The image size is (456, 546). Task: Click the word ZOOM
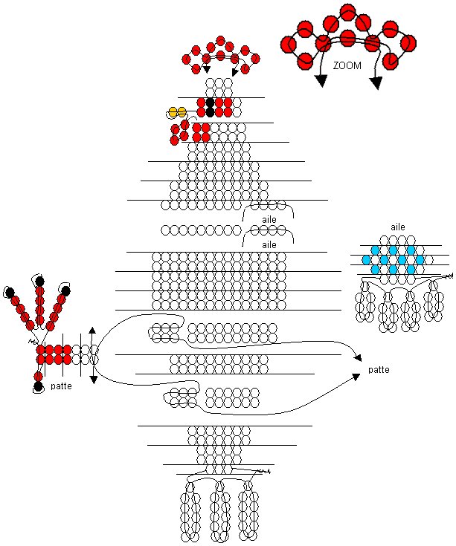(x=348, y=65)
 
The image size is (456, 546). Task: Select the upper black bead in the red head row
(x=210, y=102)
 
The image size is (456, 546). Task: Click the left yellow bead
(x=173, y=112)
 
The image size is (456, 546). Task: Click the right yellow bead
(x=182, y=112)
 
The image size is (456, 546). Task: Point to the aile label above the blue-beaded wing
(x=398, y=227)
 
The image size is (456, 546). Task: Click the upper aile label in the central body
(x=269, y=220)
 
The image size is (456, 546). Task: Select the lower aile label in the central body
(x=269, y=244)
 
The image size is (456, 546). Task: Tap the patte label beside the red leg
(x=61, y=386)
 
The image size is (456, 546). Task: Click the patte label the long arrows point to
(x=379, y=369)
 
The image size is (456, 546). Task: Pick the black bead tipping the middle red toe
(x=39, y=281)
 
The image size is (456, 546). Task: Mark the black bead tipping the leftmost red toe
(x=10, y=292)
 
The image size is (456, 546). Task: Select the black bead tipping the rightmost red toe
(x=65, y=291)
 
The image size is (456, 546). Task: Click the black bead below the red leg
(x=38, y=386)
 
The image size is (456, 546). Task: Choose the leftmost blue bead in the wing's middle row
(x=366, y=259)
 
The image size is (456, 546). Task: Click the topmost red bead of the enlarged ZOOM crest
(x=347, y=11)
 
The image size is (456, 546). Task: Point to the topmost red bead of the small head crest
(x=220, y=40)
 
